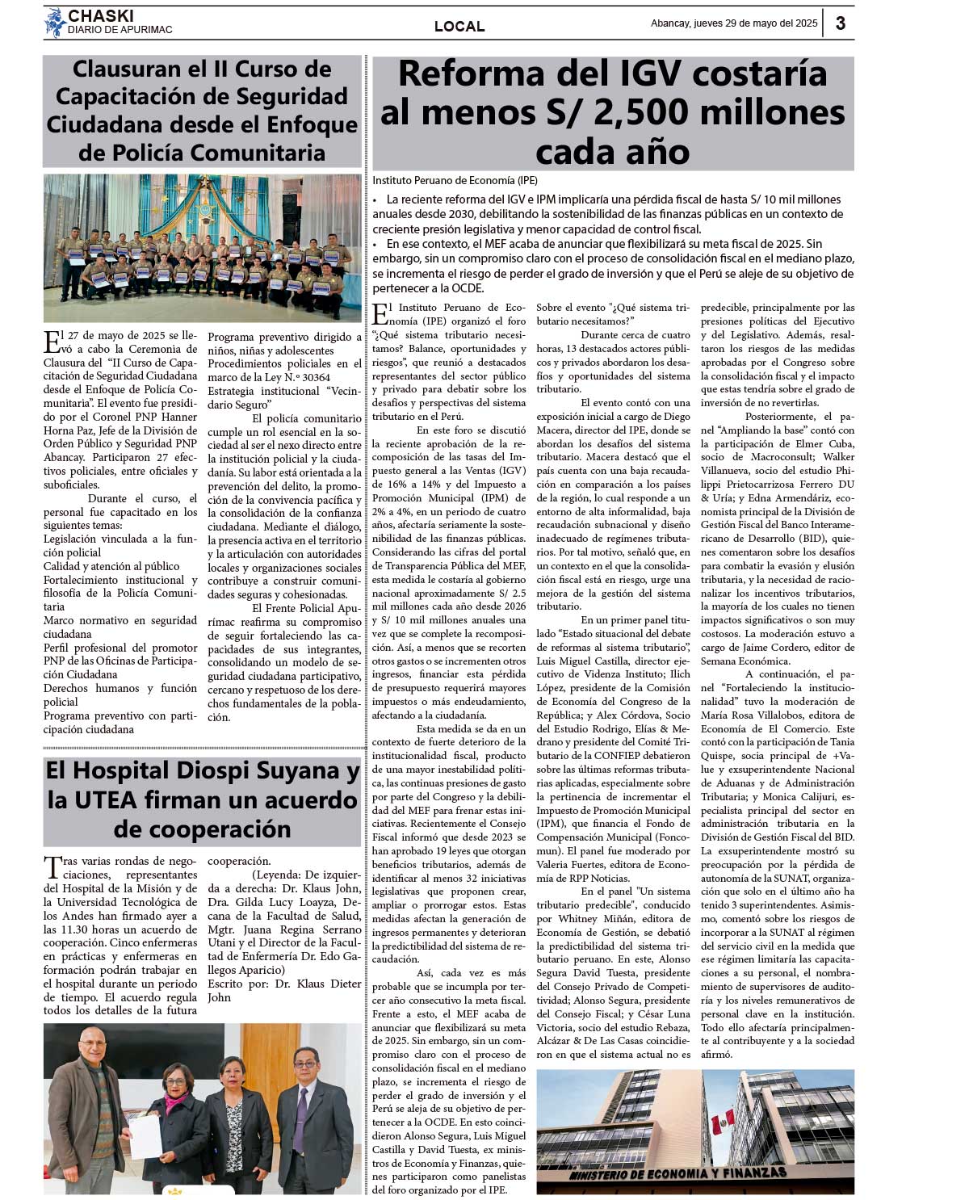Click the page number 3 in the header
(x=840, y=23)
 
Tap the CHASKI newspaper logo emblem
(x=55, y=23)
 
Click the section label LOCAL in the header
(x=459, y=26)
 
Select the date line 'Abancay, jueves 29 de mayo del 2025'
(x=734, y=23)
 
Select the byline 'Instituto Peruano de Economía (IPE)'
(x=455, y=180)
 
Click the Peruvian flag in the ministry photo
(x=720, y=1122)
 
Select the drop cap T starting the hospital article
(x=52, y=867)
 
